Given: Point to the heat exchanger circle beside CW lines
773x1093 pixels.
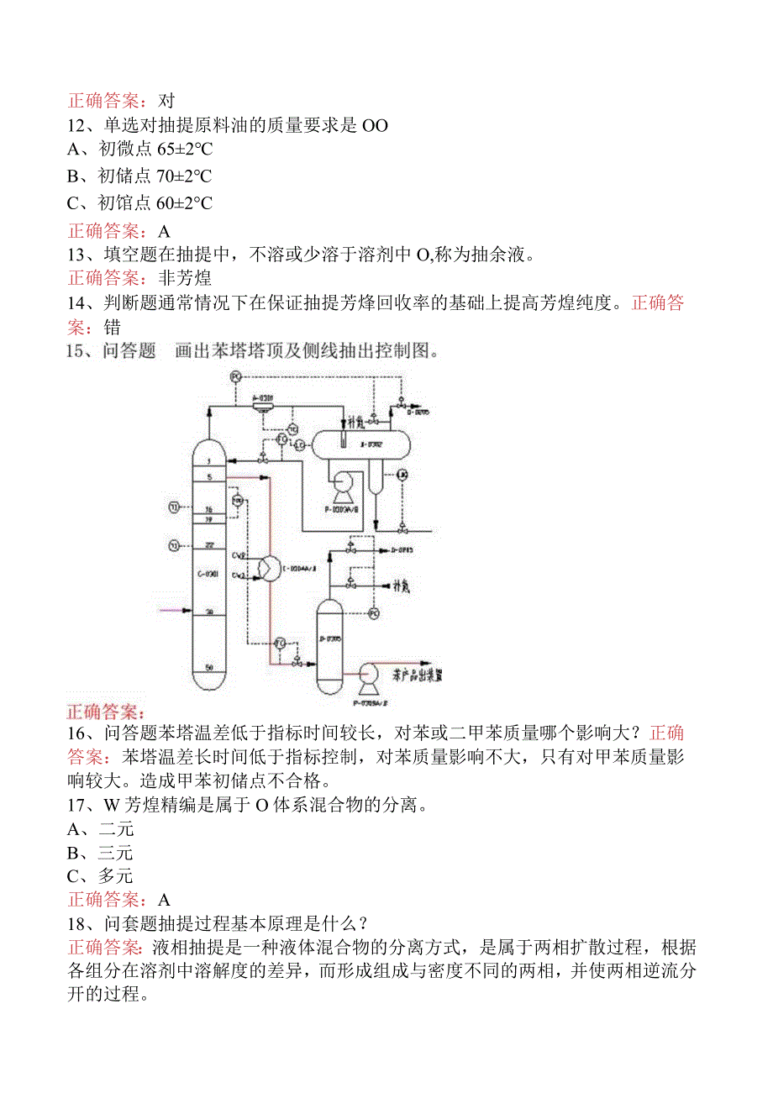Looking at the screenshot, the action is tap(268, 568).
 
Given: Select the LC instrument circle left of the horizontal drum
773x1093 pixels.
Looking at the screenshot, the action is tap(299, 445).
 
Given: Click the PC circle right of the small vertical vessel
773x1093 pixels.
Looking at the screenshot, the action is tap(375, 613).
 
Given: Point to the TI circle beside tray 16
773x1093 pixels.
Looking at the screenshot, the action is tap(174, 507).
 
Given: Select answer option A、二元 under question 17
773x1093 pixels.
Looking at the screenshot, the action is tap(100, 829).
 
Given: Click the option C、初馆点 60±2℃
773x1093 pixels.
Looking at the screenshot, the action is tap(139, 202).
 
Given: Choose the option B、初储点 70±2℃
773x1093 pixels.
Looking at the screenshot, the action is tap(139, 176).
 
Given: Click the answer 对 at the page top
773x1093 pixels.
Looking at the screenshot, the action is tap(166, 101).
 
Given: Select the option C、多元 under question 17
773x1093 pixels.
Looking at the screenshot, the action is tap(100, 876).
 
